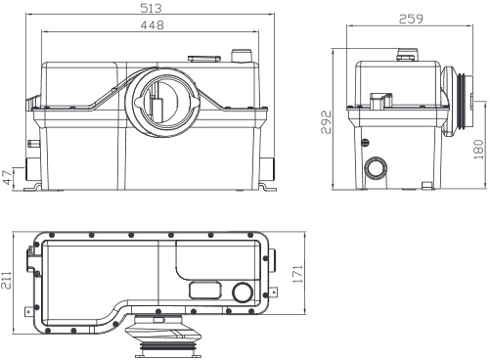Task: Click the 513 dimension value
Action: click(x=151, y=8)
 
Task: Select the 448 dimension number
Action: click(x=152, y=25)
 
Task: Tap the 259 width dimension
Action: click(x=411, y=19)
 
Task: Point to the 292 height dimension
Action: click(x=326, y=122)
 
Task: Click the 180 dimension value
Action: click(x=478, y=150)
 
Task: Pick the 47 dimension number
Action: click(x=7, y=177)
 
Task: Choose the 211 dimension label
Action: click(x=6, y=280)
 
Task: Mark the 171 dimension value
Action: click(x=297, y=274)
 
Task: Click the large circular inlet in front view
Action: click(x=162, y=102)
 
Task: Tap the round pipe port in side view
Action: click(x=376, y=169)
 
